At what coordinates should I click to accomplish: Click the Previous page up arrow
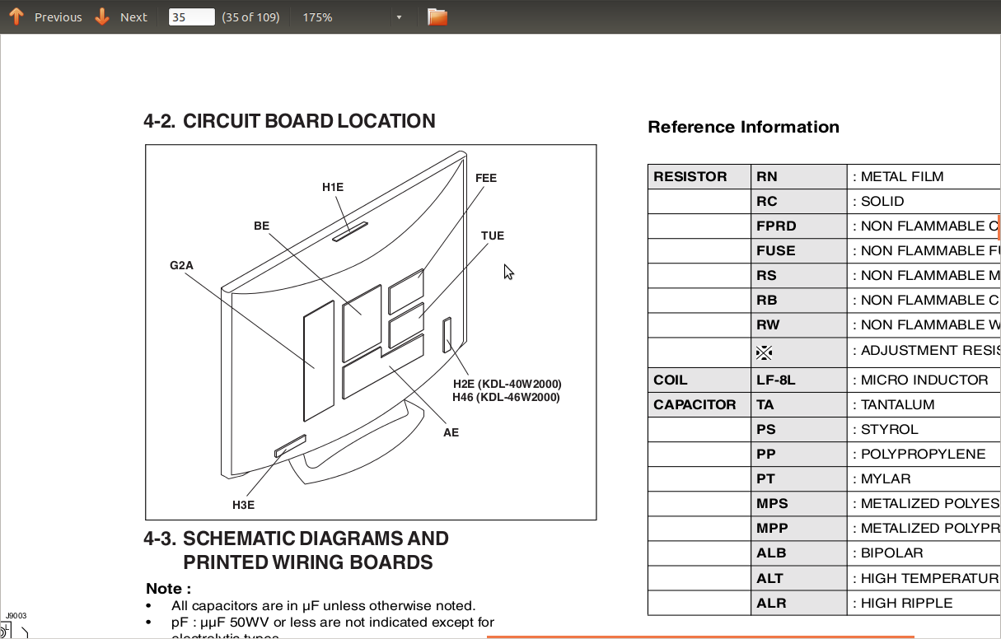[16, 16]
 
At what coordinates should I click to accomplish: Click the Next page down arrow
[102, 16]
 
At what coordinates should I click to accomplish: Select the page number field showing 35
[191, 16]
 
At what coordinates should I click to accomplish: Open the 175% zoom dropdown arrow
[399, 17]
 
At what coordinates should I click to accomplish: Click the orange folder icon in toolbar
[437, 16]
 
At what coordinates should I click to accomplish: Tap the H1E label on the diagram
[333, 187]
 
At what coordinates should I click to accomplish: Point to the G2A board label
[181, 265]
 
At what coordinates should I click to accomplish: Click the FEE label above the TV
[486, 178]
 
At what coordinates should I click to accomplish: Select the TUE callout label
[493, 236]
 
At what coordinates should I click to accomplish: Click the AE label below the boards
[451, 432]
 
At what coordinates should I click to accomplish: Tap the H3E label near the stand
[243, 505]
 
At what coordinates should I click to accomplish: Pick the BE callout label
[261, 226]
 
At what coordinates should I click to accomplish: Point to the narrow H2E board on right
[447, 335]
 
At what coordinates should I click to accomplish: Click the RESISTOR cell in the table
[690, 176]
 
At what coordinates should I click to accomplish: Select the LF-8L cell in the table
[776, 380]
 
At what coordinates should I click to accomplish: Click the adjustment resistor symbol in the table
[765, 352]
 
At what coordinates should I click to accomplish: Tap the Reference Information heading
[743, 127]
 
